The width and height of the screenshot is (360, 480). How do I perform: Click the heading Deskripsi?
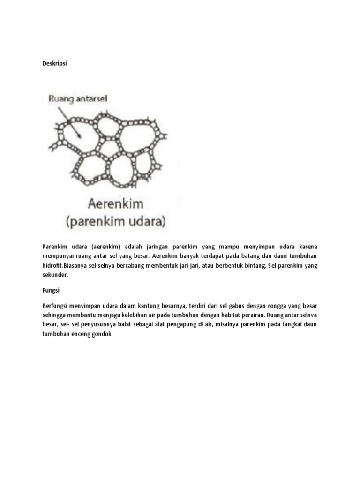tap(55, 64)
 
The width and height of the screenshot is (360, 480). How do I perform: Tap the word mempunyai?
tap(59, 256)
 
